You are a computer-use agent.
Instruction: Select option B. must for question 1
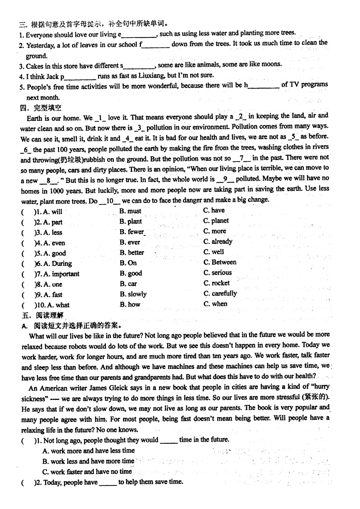130,211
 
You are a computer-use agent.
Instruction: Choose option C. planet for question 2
216,221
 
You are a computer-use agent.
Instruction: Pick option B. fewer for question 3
132,232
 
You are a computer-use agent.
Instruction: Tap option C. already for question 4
218,242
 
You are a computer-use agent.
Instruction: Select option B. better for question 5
132,253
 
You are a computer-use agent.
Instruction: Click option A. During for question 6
57,263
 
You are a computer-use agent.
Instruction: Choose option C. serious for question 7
218,272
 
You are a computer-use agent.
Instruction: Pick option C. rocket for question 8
216,283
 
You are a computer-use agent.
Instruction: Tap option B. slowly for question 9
133,294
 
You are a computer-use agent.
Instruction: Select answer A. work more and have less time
88,451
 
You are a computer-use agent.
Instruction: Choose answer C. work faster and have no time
87,471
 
